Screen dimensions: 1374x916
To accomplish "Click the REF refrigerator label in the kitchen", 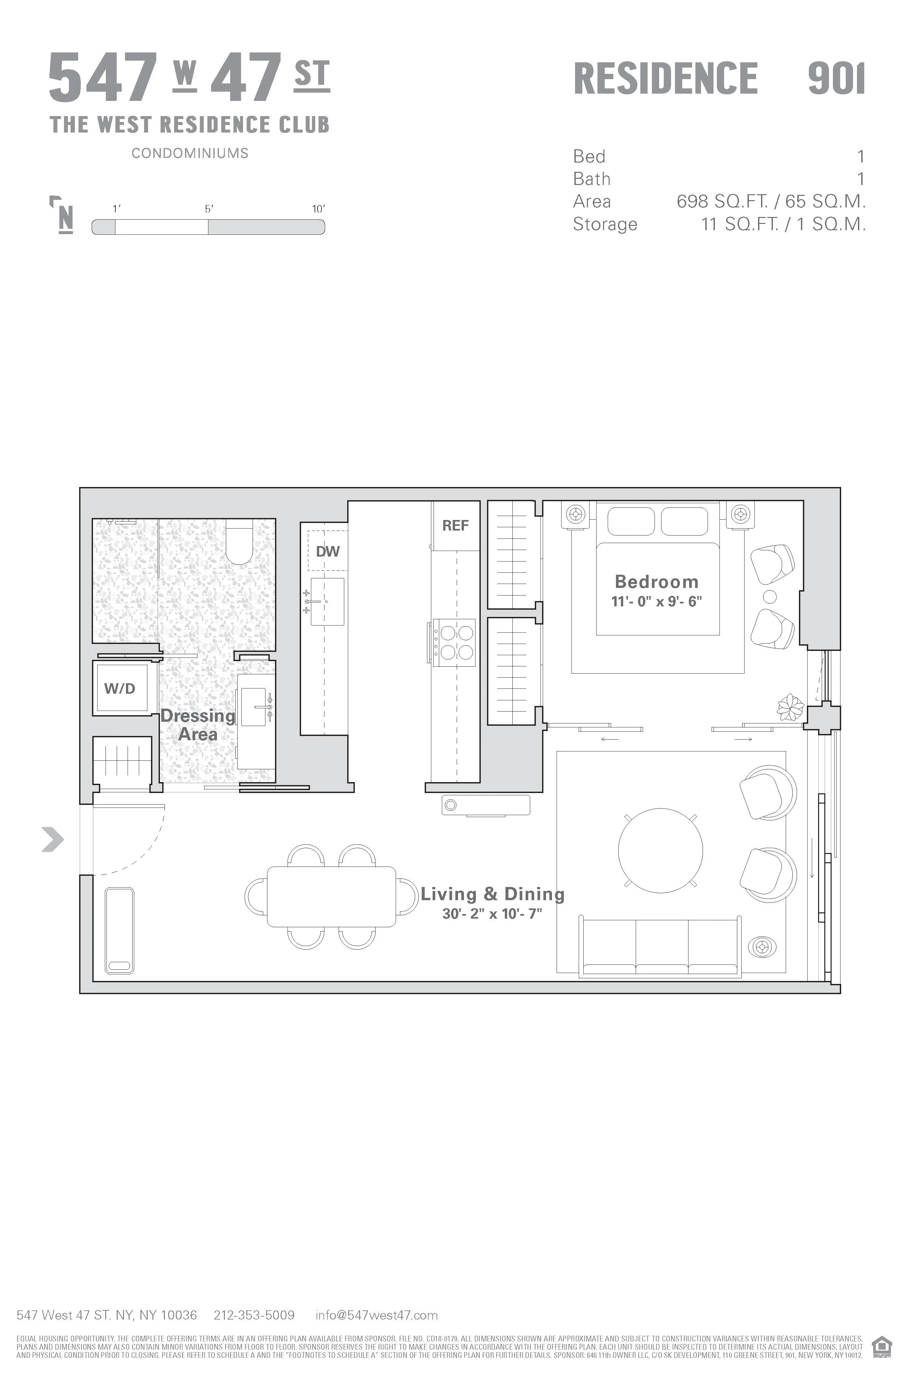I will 455,526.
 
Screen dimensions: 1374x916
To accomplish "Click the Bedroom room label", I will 656,582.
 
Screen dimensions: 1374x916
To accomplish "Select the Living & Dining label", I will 493,894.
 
